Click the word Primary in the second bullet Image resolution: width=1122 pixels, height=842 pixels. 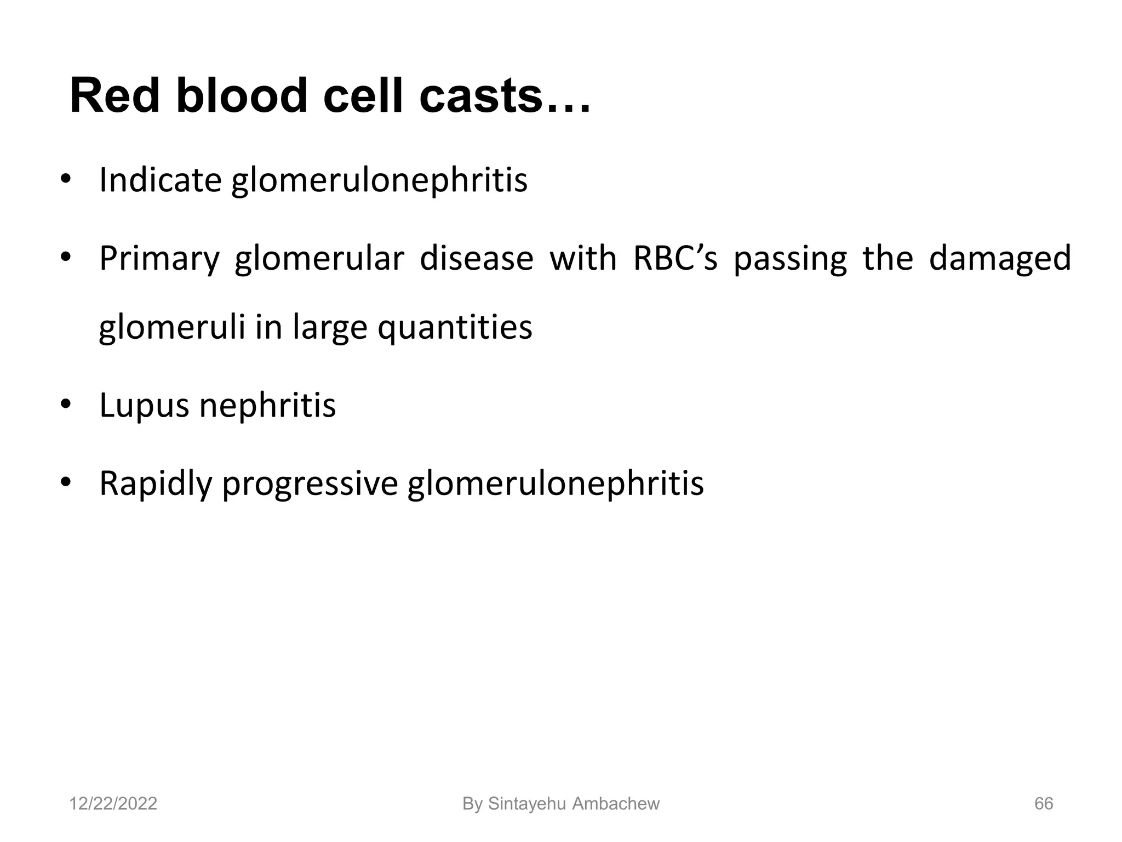coord(159,259)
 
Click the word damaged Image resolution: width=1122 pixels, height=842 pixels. coord(1000,259)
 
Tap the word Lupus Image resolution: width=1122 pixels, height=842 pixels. coord(144,406)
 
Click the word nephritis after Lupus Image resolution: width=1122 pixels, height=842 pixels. coord(267,406)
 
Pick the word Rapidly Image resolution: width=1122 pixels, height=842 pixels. coord(156,485)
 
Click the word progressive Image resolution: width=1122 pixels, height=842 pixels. coord(310,485)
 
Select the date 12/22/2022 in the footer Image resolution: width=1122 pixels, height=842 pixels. coord(113,804)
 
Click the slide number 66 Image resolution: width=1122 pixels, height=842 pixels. coord(1043,804)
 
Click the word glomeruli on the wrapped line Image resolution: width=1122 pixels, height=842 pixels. coord(172,327)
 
